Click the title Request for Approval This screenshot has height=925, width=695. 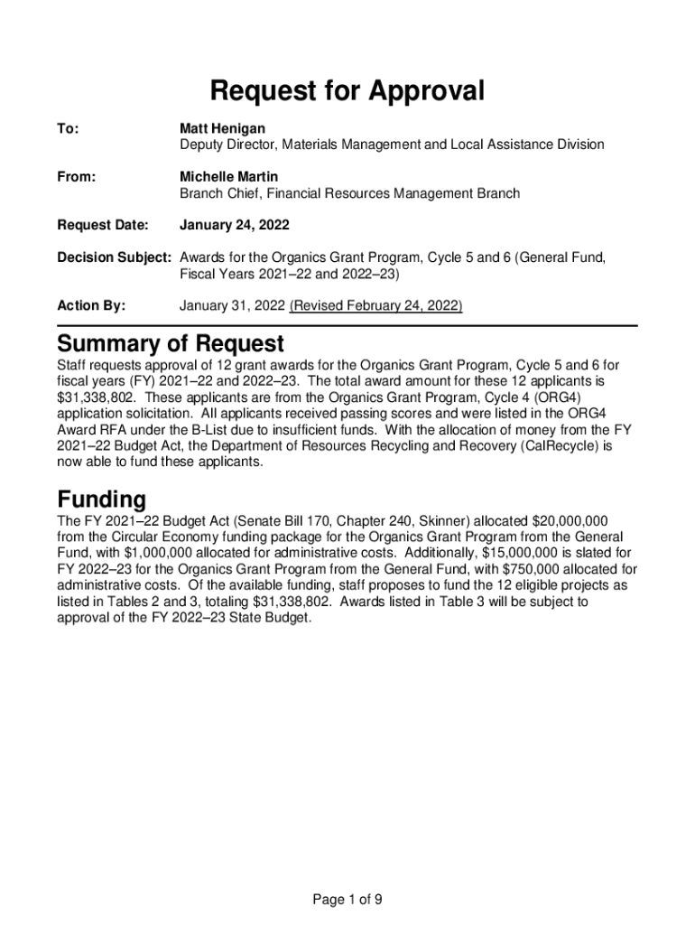click(x=347, y=91)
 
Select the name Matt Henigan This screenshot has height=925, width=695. click(x=222, y=129)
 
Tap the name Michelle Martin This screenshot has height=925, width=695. click(x=228, y=176)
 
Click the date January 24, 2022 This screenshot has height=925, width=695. click(x=234, y=224)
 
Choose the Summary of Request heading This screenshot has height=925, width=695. click(x=171, y=344)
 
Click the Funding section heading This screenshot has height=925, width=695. click(x=101, y=500)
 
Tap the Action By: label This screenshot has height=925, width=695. click(x=91, y=306)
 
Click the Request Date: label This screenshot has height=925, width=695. click(x=102, y=224)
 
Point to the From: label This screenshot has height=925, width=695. click(x=77, y=176)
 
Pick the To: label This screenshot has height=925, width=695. click(x=68, y=129)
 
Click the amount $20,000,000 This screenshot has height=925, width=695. click(x=571, y=521)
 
